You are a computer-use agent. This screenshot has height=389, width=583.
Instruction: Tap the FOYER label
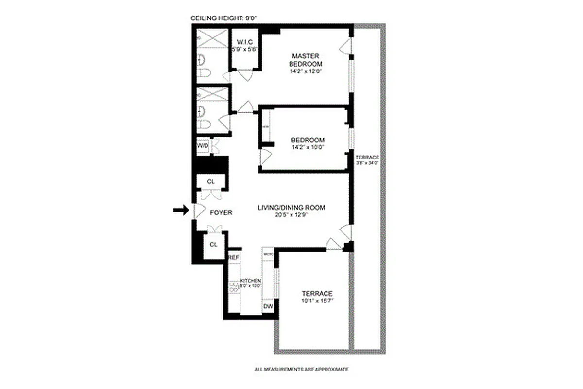tap(221, 212)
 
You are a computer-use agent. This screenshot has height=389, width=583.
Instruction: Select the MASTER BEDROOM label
tap(306, 60)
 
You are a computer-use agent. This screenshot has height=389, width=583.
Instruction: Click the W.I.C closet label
tap(244, 42)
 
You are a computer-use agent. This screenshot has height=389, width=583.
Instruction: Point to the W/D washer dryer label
tap(203, 146)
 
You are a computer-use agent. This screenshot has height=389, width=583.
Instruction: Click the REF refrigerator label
tap(234, 257)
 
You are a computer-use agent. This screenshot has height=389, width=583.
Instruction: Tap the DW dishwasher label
tap(268, 307)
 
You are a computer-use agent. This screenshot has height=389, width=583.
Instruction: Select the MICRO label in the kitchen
tap(268, 254)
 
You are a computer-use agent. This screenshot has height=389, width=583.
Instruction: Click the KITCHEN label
tap(252, 281)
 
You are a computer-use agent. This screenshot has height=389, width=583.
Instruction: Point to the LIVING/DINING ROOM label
tap(291, 208)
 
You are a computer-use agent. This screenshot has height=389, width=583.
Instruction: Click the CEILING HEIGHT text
tap(223, 18)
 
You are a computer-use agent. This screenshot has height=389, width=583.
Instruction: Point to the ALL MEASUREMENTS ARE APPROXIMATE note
tap(301, 370)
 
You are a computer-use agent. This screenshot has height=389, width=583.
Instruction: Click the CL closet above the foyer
tap(210, 181)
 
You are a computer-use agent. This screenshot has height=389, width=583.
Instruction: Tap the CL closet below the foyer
tap(213, 244)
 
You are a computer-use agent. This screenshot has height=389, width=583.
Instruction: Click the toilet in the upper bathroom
tap(205, 73)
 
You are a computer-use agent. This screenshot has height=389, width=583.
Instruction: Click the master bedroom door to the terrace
tap(346, 47)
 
